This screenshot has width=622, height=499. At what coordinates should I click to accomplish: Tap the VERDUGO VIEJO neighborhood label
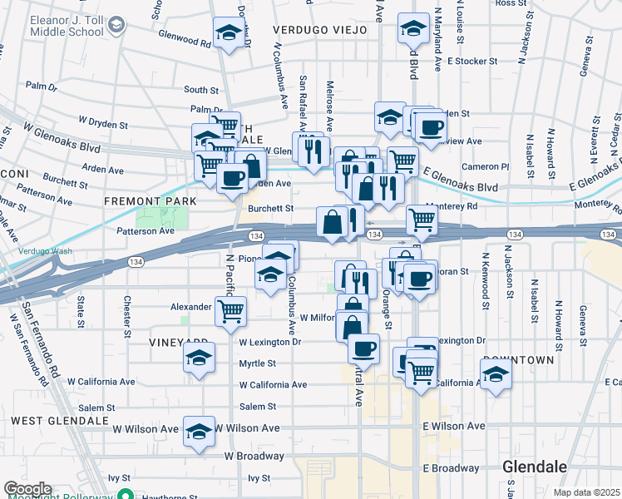[320, 30]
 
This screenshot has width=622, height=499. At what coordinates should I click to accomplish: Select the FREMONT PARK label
[150, 201]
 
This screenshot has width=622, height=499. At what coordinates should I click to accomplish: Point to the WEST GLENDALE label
[60, 421]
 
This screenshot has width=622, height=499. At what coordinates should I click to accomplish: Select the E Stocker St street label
[471, 61]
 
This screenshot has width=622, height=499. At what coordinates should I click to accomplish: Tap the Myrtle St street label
[257, 363]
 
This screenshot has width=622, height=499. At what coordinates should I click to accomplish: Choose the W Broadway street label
[254, 457]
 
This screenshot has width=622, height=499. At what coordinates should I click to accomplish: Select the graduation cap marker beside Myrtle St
[199, 358]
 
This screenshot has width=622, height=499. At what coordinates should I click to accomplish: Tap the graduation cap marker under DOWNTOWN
[496, 374]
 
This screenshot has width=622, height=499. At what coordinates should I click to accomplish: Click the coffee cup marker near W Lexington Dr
[363, 348]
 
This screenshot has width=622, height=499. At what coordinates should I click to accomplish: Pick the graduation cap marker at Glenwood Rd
[229, 33]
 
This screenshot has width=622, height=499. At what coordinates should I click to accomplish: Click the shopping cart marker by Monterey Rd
[422, 220]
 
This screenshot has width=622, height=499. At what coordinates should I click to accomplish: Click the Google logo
[27, 489]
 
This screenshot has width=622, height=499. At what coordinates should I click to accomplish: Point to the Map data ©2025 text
[586, 492]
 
